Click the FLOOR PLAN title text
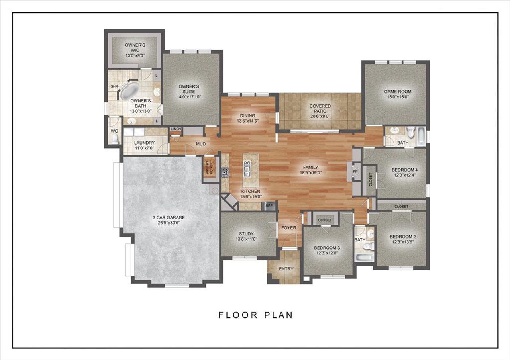click(255, 315)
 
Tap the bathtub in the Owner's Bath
click(130, 91)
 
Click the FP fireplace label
click(355, 172)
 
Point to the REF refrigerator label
click(269, 206)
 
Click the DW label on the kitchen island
click(247, 163)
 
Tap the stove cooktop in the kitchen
click(225, 172)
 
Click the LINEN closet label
click(175, 129)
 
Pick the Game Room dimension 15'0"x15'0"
click(398, 97)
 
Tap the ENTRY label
click(286, 269)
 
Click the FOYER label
click(288, 228)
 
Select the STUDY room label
click(246, 234)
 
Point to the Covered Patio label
click(320, 106)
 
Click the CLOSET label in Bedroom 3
click(325, 220)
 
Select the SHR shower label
click(114, 86)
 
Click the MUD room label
click(201, 144)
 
